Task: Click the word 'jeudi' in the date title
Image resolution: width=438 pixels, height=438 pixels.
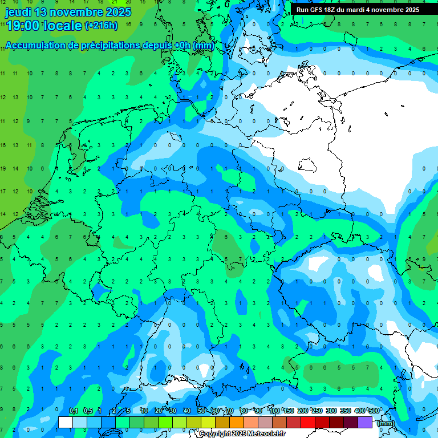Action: [x=18, y=12]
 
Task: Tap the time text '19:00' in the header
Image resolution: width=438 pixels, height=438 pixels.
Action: [x=22, y=25]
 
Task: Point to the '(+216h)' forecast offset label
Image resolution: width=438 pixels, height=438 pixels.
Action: [x=101, y=26]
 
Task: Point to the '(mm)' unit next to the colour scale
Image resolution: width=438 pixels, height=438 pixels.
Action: [x=386, y=423]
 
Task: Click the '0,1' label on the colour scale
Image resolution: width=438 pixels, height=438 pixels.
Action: [x=74, y=411]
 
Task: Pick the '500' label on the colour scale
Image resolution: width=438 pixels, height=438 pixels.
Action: [x=374, y=411]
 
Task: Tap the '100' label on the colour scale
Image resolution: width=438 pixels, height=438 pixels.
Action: [x=274, y=411]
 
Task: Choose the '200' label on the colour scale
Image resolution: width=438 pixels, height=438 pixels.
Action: [x=303, y=411]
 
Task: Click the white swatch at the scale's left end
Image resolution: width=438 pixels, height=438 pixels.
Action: [x=66, y=422]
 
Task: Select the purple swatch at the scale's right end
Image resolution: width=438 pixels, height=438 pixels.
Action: [x=365, y=422]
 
